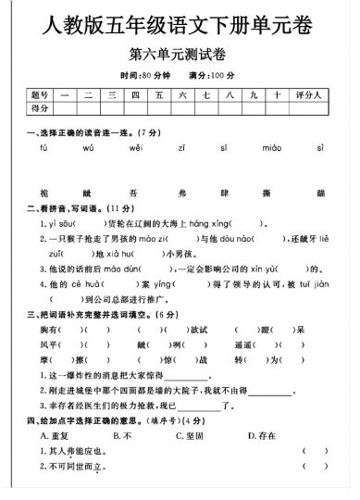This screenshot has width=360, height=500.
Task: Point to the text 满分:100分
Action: (x=213, y=75)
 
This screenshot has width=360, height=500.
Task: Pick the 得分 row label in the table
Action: (x=39, y=109)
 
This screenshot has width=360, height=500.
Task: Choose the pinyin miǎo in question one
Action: (x=271, y=147)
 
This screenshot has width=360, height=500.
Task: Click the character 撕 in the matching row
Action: (x=275, y=192)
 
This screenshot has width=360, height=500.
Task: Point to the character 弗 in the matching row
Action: (x=182, y=192)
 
